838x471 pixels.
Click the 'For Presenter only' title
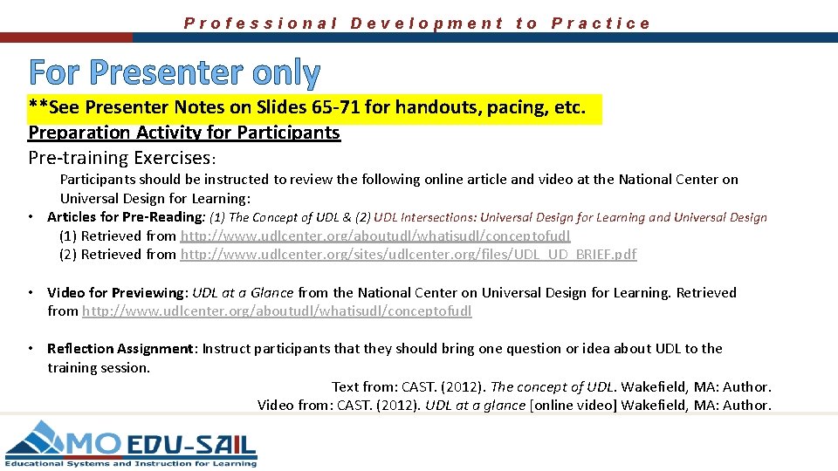(175, 73)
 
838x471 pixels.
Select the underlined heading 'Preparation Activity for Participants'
(184, 133)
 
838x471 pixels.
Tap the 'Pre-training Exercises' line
(121, 158)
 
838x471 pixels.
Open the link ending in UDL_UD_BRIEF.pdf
(408, 255)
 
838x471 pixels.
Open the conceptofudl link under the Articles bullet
(375, 236)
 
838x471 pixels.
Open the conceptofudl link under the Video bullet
(277, 311)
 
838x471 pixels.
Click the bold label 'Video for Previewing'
(115, 293)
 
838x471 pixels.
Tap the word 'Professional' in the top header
(260, 24)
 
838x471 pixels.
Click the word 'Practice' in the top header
(601, 24)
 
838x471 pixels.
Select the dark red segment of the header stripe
(66, 38)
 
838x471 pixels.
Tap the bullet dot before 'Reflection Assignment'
(30, 349)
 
